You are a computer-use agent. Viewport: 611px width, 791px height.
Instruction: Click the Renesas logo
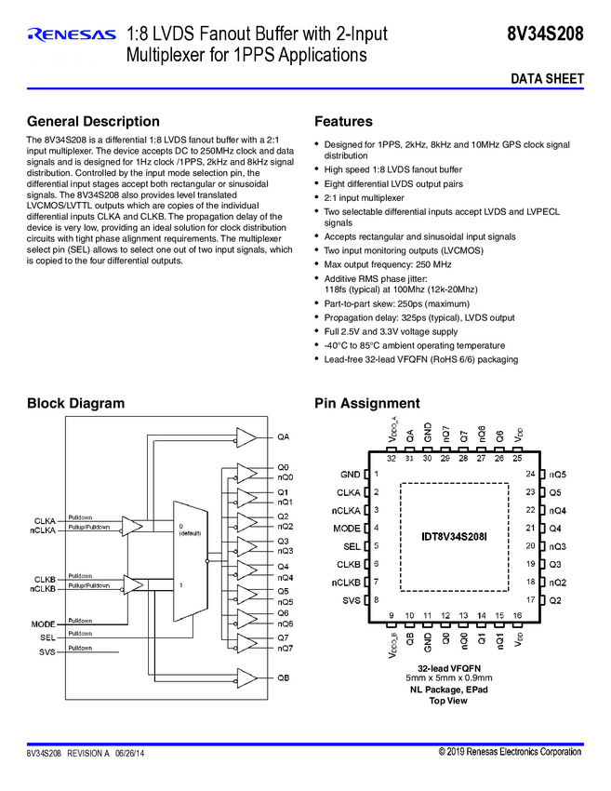72,35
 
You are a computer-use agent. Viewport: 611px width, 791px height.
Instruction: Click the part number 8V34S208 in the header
545,35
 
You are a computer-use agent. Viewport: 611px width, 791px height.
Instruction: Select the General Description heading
93,122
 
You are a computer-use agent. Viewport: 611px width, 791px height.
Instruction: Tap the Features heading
343,122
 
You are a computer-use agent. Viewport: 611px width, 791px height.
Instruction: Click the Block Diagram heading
75,403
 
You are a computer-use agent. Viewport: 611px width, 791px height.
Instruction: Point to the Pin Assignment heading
367,403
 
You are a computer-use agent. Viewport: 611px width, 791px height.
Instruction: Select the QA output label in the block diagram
283,436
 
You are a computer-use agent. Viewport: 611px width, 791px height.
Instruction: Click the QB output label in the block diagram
283,678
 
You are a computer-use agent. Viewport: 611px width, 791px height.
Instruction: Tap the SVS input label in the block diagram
46,652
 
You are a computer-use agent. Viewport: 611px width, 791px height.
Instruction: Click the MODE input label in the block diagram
44,623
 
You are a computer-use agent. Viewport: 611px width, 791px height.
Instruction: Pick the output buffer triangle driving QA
246,436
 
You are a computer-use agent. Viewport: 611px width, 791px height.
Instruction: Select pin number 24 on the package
529,475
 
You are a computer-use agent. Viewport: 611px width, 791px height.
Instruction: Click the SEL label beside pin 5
352,546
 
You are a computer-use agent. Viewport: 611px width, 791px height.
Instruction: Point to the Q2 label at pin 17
555,600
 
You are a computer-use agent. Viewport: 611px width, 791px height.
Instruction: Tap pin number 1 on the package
376,475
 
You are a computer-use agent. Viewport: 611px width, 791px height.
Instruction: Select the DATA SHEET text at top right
547,80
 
